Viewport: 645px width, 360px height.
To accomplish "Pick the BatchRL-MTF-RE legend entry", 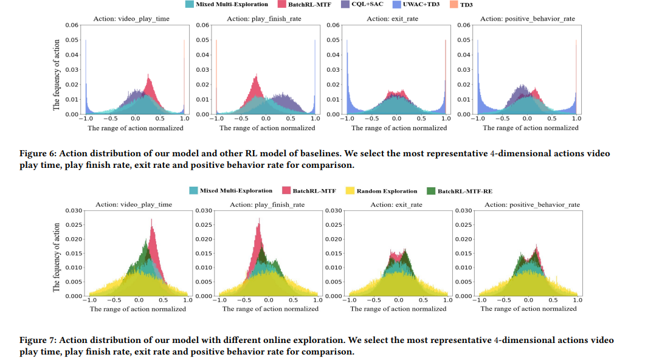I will point(466,191).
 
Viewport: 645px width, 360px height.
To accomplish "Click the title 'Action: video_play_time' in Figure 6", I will point(131,19).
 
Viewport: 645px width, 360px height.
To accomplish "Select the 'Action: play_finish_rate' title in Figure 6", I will point(263,19).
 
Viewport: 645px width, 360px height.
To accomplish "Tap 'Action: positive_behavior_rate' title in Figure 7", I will point(528,204).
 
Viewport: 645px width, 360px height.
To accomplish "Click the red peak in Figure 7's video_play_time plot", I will point(151,228).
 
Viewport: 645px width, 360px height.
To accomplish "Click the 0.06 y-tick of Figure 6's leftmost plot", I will point(71,25).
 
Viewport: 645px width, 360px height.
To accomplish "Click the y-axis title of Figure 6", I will point(57,75).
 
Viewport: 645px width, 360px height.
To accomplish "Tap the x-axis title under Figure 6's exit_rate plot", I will point(399,128).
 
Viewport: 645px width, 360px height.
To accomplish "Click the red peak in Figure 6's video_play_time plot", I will point(149,75).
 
